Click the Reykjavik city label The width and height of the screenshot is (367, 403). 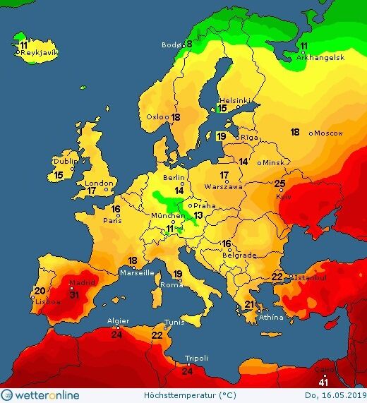click(39, 53)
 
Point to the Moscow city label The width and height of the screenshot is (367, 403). click(327, 133)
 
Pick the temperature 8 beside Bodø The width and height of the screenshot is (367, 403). click(188, 44)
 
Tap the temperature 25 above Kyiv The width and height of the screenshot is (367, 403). click(279, 185)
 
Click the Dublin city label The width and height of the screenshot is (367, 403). click(66, 161)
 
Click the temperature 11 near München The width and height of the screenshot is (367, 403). click(169, 228)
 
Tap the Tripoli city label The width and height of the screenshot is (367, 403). click(195, 358)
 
